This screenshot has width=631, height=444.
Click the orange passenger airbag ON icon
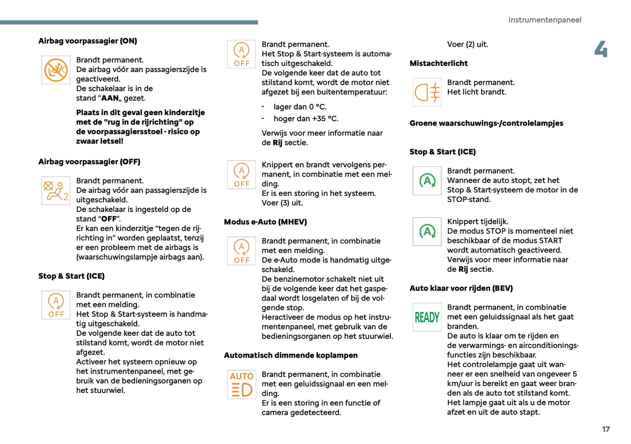click(56, 70)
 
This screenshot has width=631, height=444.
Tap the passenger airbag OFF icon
click(56, 191)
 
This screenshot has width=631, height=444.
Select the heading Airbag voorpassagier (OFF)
click(89, 162)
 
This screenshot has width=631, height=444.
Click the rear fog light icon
click(427, 92)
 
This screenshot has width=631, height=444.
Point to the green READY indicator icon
click(427, 317)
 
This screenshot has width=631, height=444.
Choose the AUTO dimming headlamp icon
click(241, 384)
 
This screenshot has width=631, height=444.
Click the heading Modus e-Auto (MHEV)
click(265, 222)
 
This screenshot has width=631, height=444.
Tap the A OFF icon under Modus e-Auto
click(241, 251)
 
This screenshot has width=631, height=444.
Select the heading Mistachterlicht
click(438, 63)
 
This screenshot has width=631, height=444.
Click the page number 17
click(606, 429)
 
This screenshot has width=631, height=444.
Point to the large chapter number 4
click(601, 49)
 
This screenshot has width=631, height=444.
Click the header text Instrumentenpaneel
click(545, 20)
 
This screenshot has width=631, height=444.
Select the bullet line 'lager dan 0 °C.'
click(300, 107)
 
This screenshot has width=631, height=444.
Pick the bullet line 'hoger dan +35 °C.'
click(306, 119)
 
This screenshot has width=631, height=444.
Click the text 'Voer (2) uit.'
click(467, 44)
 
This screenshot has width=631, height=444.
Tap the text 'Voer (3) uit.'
click(282, 203)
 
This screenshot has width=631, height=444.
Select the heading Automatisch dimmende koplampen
click(290, 355)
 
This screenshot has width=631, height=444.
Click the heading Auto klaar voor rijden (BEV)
click(461, 288)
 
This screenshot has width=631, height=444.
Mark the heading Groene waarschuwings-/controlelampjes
click(486, 123)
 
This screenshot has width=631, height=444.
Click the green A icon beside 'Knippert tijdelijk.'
click(427, 232)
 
